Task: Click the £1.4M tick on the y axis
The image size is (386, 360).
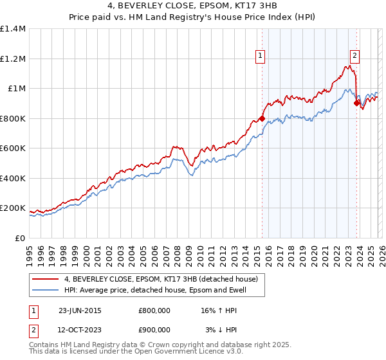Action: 13,29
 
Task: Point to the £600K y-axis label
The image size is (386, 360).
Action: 13,148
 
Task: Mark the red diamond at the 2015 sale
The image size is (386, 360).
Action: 262,118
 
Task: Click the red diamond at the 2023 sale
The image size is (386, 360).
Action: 357,103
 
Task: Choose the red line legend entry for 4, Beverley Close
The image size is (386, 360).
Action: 161,279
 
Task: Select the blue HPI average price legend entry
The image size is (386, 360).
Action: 154,290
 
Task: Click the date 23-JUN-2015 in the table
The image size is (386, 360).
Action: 80,310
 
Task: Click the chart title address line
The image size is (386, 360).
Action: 193,8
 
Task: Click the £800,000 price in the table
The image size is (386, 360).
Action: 154,310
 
